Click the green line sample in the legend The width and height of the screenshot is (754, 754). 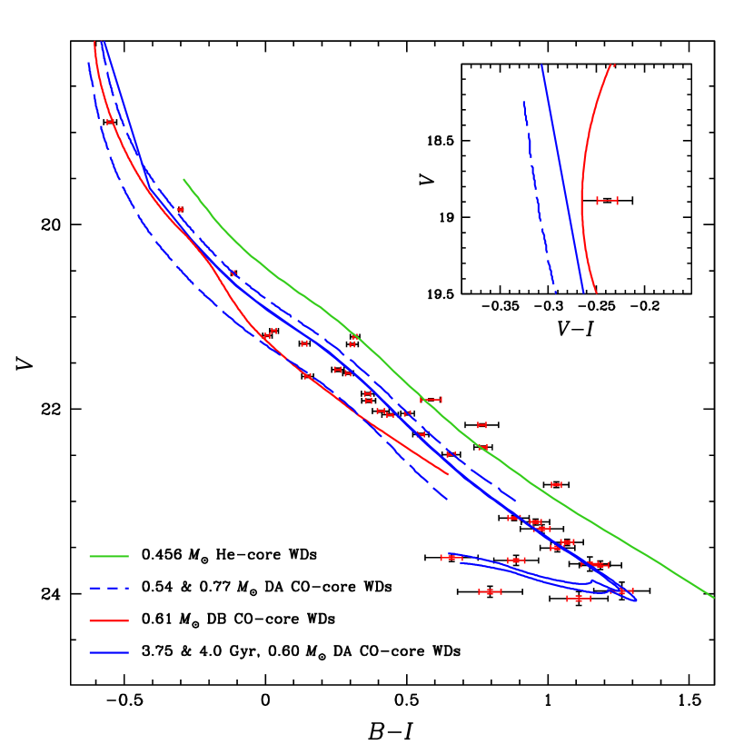click(x=109, y=555)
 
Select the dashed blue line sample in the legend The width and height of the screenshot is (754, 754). click(x=109, y=588)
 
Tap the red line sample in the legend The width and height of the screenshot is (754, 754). click(x=109, y=620)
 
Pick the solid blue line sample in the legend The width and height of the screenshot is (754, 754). click(x=109, y=652)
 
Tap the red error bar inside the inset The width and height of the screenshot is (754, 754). click(x=607, y=200)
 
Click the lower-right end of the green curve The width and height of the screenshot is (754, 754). click(x=713, y=597)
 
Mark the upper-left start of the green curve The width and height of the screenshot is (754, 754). click(x=184, y=180)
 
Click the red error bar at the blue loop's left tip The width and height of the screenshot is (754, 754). click(x=451, y=557)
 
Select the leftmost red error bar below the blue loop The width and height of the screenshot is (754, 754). click(x=490, y=591)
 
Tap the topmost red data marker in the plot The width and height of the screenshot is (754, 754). click(x=110, y=121)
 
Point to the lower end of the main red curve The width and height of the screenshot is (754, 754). click(x=448, y=473)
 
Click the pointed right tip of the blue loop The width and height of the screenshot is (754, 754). click(x=636, y=600)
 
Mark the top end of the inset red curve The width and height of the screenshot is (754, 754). click(x=613, y=64)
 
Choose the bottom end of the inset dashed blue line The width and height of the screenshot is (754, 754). click(x=555, y=292)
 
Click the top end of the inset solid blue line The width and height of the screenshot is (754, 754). click(x=541, y=65)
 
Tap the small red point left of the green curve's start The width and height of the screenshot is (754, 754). click(x=180, y=209)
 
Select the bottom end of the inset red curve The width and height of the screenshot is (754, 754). click(x=596, y=293)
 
